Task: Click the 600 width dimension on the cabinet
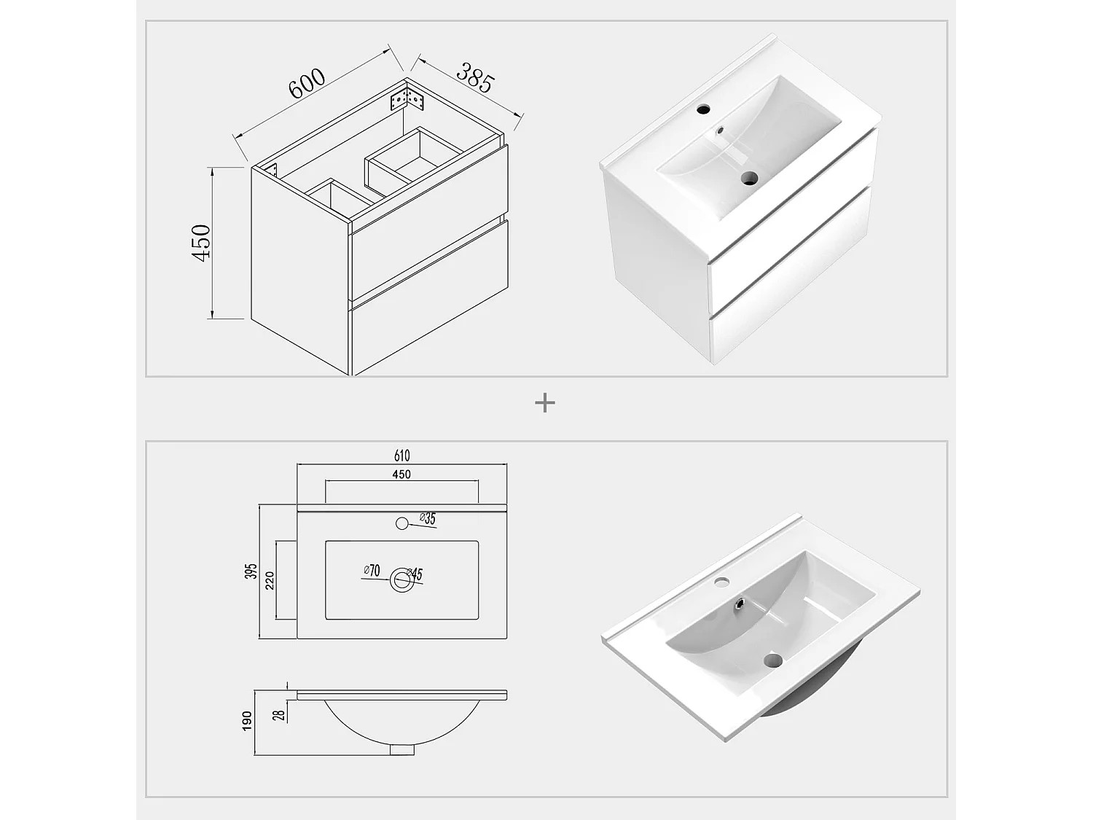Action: click(307, 83)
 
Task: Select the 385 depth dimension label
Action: click(476, 77)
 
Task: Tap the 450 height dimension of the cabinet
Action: click(200, 243)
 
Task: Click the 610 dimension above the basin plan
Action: click(401, 456)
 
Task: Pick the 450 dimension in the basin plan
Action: click(401, 475)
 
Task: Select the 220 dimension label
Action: click(269, 580)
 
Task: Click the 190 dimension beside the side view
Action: click(247, 720)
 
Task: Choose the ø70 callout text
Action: click(372, 571)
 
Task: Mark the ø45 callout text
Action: click(415, 574)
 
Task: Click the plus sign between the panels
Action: click(545, 402)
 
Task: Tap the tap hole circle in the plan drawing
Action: click(401, 523)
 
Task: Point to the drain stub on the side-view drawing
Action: click(401, 749)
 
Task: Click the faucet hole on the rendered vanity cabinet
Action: click(704, 110)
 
